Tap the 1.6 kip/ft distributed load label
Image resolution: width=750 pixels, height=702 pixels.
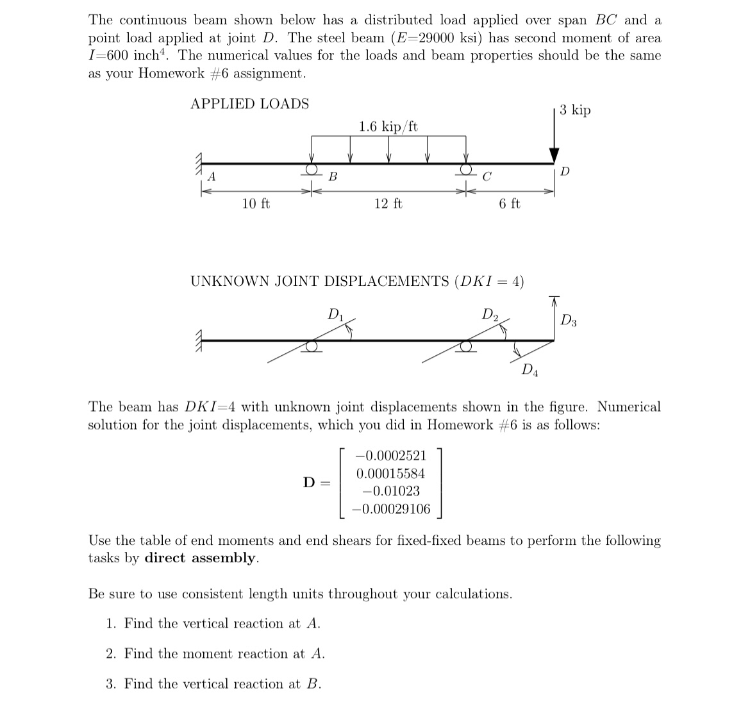coord(388,126)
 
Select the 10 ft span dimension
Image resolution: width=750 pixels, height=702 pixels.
coord(256,204)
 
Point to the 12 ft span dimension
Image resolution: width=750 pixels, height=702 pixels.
coord(388,204)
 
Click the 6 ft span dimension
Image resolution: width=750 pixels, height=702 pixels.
coord(510,204)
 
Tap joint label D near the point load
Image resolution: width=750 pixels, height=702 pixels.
coord(565,171)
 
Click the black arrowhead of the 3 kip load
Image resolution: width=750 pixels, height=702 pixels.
coord(554,156)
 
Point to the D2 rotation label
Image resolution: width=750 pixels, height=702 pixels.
coord(490,314)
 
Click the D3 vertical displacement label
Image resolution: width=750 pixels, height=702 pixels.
coord(569,321)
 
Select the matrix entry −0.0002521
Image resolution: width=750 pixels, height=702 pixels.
coord(390,456)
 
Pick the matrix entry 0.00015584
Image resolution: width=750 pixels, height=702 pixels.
coord(390,474)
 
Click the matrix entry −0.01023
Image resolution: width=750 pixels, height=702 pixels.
coord(390,491)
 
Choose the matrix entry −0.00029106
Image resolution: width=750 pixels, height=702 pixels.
coord(390,509)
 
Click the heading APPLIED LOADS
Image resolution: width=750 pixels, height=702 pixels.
coord(250,104)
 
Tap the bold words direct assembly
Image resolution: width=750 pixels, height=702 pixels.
coord(201,558)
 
